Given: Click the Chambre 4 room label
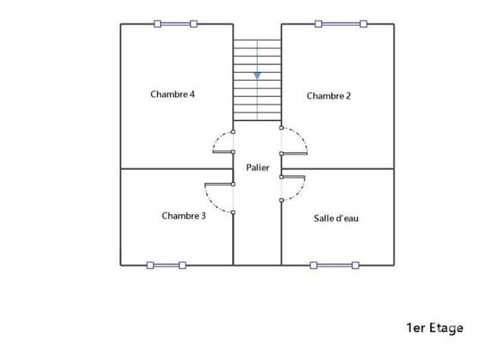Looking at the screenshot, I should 173,95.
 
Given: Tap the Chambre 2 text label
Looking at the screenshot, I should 329,95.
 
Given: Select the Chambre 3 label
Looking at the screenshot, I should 184,216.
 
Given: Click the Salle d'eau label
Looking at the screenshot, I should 336,219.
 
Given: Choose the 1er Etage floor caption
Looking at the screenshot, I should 435,327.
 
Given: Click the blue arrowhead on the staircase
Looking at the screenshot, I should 257,76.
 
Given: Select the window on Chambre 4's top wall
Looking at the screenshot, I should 175,24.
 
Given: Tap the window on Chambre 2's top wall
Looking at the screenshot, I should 341,24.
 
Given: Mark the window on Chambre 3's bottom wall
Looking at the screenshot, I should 166,265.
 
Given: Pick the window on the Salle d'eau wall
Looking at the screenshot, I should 334,265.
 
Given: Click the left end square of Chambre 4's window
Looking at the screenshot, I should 157,24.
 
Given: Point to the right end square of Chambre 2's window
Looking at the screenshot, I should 362,24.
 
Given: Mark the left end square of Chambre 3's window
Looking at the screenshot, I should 150,265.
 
